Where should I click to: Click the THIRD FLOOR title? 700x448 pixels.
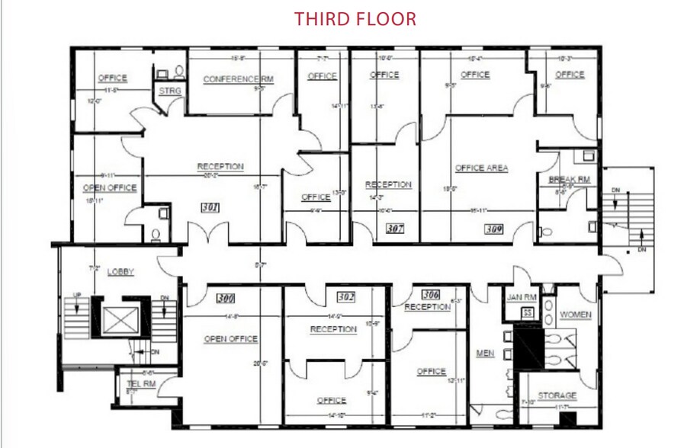click(355, 19)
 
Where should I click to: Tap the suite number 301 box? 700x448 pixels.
click(211, 206)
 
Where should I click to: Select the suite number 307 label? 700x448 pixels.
click(394, 228)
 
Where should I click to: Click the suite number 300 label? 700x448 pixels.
click(226, 297)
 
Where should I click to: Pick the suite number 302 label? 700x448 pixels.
click(345, 297)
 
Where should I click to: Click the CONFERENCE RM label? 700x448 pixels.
click(238, 79)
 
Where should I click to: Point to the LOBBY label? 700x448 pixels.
click(120, 271)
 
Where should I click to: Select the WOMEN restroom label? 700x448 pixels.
click(575, 314)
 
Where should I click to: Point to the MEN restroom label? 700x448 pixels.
click(485, 353)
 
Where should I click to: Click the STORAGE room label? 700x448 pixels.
click(557, 395)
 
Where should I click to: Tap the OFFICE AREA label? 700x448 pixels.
click(481, 168)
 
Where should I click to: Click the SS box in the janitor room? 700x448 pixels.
click(525, 312)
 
